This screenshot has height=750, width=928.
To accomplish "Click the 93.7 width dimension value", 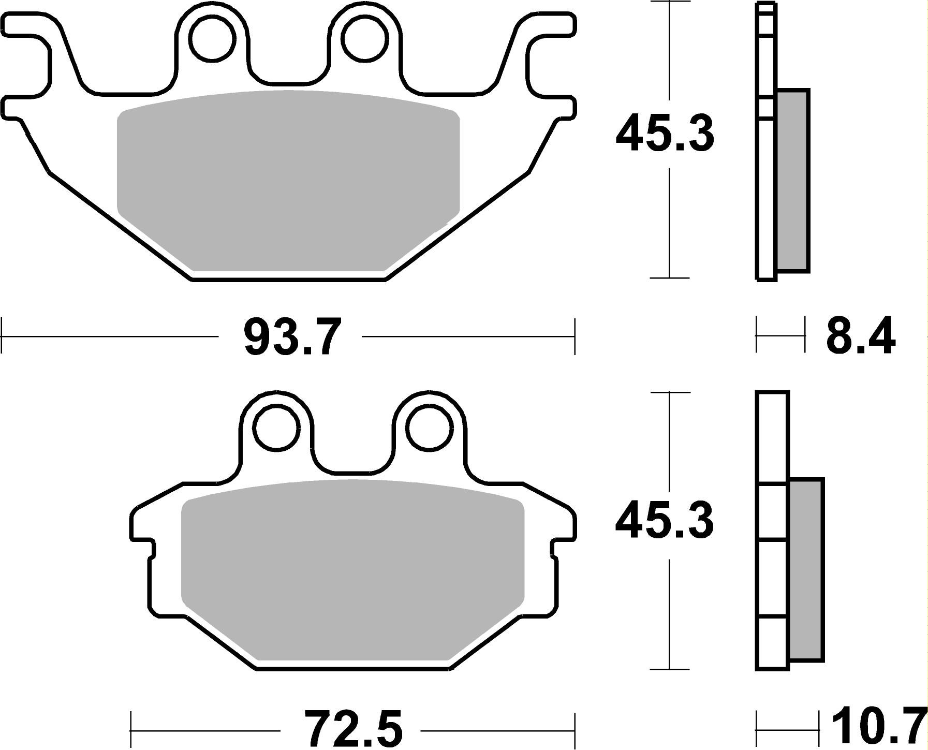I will tap(292, 337).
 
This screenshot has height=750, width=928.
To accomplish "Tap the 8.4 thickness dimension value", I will tap(860, 336).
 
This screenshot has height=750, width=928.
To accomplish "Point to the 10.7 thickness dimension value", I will tap(878, 727).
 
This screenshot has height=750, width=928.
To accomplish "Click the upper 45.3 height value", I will tap(665, 134).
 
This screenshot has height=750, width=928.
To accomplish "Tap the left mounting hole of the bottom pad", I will tap(278, 428).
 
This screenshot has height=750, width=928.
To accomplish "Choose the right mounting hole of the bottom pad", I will tap(430, 428).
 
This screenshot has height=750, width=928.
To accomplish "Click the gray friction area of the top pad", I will tap(288, 181).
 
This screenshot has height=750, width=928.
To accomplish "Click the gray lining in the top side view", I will tap(792, 181).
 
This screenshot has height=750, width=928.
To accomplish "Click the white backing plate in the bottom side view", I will tap(773, 569).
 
